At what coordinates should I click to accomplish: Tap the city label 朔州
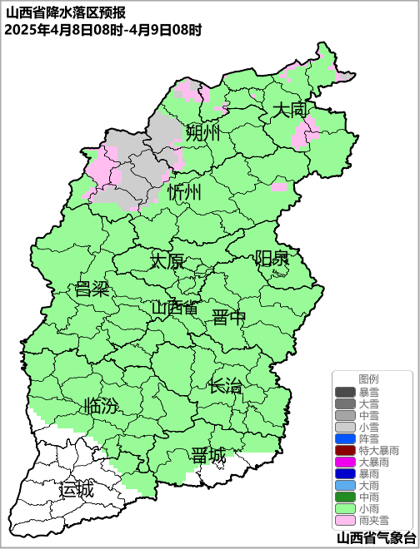coord(202,132)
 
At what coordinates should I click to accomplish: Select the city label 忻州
coord(183,192)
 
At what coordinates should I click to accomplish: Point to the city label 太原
coord(167,260)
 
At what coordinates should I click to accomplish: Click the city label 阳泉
coord(272,258)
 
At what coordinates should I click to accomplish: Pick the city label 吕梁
coord(92,289)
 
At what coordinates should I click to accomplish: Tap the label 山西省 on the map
coord(175,307)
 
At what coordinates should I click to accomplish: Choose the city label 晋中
coord(229,317)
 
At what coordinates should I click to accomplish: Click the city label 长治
coord(225,385)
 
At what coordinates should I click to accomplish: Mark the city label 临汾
coord(101,407)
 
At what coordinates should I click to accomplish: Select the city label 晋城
coord(207,456)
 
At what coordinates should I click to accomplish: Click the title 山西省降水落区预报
coord(65,12)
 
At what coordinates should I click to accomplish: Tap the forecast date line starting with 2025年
coord(102,29)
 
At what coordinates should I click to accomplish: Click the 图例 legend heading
coord(368,378)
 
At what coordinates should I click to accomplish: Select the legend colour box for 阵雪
coord(345,438)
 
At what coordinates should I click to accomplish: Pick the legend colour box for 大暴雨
coord(345,462)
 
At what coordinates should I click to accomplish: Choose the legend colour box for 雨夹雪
coord(345,520)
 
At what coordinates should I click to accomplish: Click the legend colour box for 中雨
coord(345,497)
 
